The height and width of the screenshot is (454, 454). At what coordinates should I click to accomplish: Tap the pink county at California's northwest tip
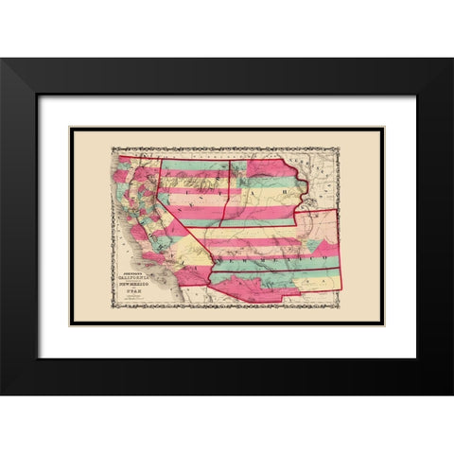click(x=123, y=163)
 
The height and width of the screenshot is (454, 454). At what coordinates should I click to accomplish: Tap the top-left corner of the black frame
click(x=2, y=59)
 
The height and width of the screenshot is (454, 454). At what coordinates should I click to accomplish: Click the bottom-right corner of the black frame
click(x=451, y=393)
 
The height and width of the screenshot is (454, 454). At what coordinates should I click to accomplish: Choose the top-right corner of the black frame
click(x=451, y=59)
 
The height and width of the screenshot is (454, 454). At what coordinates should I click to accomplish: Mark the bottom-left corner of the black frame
click(x=2, y=393)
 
